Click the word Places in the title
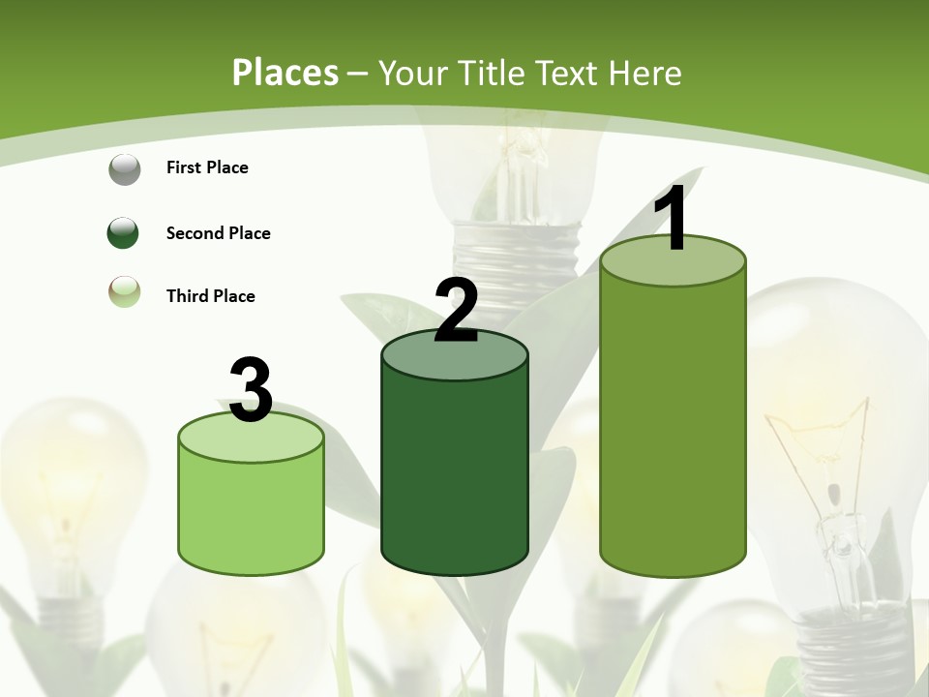point(285,73)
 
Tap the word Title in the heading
point(493,73)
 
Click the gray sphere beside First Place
point(124,168)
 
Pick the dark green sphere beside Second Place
point(124,233)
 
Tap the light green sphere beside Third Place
point(124,291)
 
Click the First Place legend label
point(207,167)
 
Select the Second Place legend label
point(218,233)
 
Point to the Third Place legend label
point(210,296)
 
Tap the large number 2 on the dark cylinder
point(456,310)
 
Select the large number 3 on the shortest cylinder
point(252,390)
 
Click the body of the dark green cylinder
point(455,474)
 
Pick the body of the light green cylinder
point(252,513)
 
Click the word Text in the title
point(572,73)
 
